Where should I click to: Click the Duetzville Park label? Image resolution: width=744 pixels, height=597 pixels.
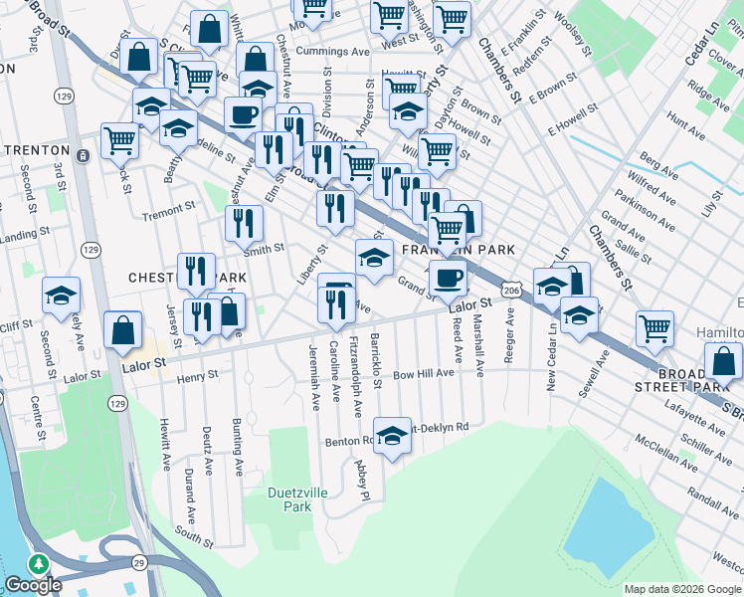290,498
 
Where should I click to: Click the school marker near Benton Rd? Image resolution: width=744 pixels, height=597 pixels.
393,435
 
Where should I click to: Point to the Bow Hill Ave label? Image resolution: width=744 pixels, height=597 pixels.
423,373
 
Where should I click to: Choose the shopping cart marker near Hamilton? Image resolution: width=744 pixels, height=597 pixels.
655,327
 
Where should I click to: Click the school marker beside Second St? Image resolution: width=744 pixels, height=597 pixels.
62,295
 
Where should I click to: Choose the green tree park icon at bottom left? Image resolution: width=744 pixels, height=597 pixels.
40,563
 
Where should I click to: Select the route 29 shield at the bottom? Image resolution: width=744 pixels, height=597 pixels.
138,563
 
